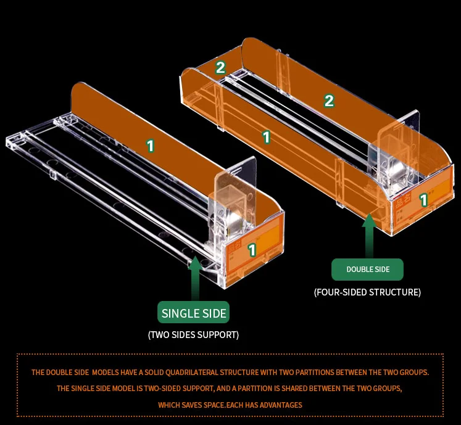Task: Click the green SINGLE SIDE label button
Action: [194, 313]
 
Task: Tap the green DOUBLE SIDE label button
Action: [368, 270]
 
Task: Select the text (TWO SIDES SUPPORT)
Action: [193, 335]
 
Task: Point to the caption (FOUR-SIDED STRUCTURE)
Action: [367, 292]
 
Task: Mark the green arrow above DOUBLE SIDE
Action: [368, 234]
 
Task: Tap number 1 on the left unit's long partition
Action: [150, 146]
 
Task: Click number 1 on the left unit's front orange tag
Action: [252, 250]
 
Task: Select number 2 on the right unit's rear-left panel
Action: [220, 68]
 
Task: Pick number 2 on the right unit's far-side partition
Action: [329, 101]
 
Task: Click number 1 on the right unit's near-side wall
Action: [267, 138]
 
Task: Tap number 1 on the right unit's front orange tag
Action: [423, 200]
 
